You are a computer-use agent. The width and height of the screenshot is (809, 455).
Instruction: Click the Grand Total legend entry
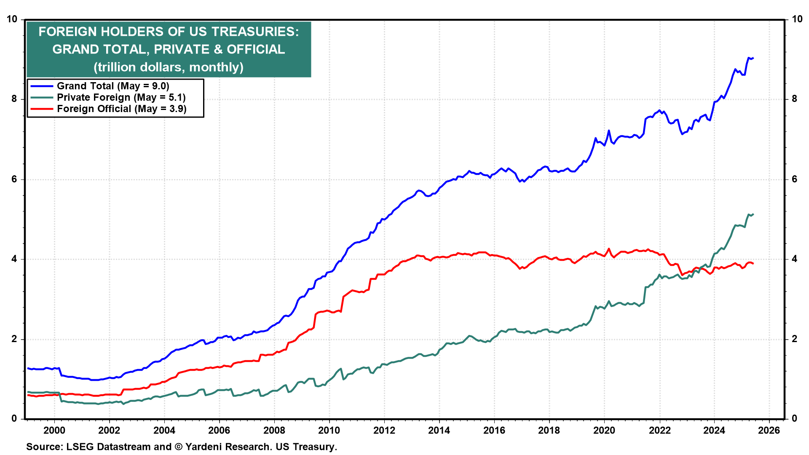113,86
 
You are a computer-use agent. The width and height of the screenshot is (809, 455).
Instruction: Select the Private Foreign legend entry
121,97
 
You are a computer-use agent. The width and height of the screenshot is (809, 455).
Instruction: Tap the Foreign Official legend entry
121,109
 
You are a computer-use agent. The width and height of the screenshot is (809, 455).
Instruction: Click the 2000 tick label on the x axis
54,430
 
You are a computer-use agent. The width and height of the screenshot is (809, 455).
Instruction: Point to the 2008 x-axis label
274,430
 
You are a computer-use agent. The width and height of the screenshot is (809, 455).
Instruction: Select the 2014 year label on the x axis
439,430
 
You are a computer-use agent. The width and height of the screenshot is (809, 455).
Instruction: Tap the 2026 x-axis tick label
769,430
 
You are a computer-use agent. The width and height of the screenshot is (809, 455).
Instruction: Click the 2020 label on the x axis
604,430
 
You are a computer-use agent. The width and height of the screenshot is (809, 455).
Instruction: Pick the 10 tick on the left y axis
12,19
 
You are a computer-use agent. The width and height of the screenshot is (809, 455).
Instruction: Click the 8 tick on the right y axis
795,99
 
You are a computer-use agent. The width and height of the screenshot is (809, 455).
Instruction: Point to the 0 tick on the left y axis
15,418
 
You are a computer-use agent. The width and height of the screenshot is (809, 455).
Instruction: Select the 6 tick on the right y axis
795,179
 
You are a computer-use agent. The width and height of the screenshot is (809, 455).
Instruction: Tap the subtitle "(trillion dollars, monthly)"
169,67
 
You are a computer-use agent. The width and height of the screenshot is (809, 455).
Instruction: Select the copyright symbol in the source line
178,447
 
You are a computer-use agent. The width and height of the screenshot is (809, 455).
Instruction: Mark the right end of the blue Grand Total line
753,58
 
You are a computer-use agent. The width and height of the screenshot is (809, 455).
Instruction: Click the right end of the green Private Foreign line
753,214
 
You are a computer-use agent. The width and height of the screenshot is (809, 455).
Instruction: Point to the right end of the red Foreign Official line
753,264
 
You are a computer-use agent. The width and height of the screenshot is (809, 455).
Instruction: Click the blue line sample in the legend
42,86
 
